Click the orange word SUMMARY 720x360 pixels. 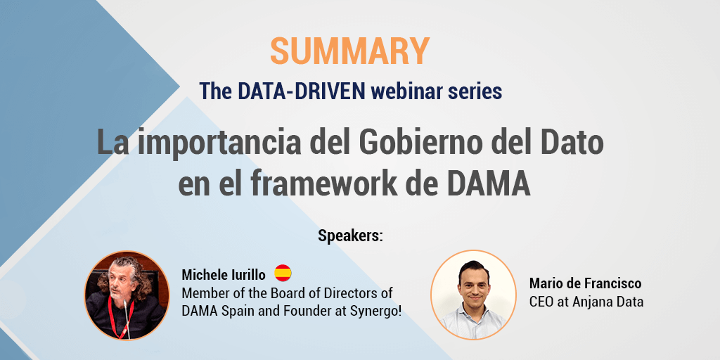click(x=349, y=51)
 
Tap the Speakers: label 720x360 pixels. click(x=350, y=236)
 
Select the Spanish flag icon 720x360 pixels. click(x=283, y=274)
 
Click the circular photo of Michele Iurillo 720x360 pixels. click(x=127, y=295)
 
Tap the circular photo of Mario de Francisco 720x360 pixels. click(x=473, y=295)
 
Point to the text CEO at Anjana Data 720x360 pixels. click(x=586, y=302)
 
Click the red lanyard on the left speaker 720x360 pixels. click(x=124, y=326)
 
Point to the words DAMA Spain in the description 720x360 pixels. click(x=215, y=310)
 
